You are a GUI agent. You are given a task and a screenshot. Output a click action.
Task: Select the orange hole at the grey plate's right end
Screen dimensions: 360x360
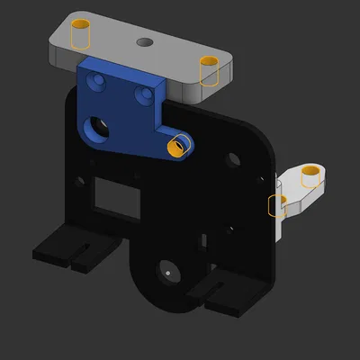point(210,69)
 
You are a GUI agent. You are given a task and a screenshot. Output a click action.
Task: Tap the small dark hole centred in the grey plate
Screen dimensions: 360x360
point(144,42)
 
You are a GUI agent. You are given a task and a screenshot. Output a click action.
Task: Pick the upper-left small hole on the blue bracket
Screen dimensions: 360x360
point(98,81)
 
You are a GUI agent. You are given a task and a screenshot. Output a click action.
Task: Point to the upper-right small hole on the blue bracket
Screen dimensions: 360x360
point(142,92)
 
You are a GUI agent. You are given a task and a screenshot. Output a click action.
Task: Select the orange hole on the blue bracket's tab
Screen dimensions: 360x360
point(180,144)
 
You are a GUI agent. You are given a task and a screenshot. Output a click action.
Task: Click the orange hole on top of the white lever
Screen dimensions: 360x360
point(311,175)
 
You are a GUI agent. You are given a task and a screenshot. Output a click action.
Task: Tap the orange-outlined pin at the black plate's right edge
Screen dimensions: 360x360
point(277,206)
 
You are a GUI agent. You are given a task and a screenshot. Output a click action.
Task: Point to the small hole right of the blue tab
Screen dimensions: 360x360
point(233,159)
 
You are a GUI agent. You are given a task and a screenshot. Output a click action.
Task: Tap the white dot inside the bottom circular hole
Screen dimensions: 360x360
point(167,268)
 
